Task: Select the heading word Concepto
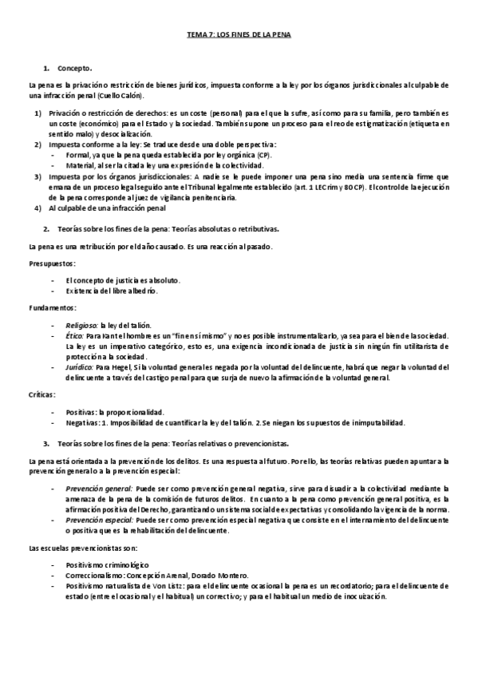(x=75, y=68)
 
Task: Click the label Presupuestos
(x=52, y=262)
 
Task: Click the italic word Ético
(x=76, y=338)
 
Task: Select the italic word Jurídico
(x=80, y=365)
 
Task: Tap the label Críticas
(x=41, y=394)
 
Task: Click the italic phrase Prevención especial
(x=100, y=519)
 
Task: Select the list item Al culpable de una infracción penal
(x=107, y=209)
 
